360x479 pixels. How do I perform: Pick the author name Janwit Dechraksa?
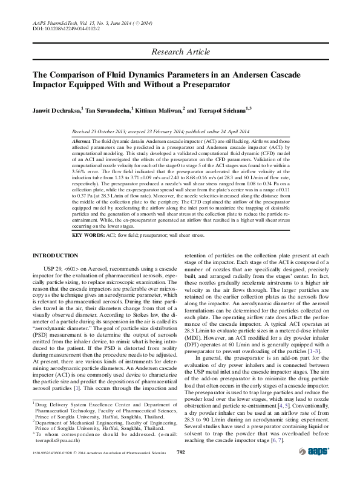pyautogui.click(x=56, y=111)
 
